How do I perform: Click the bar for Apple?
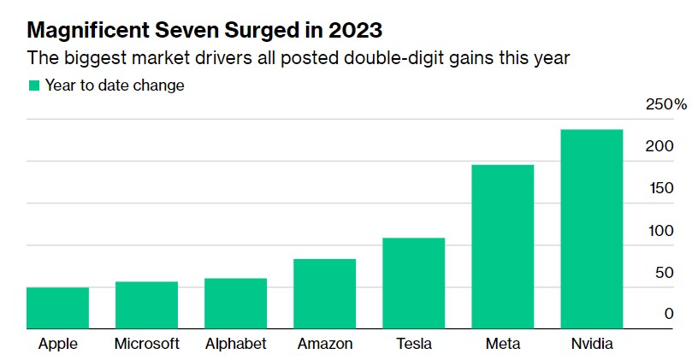(57, 308)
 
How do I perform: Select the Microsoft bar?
(146, 304)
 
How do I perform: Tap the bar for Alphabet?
(235, 303)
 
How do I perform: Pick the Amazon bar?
(324, 293)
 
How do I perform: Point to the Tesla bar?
(413, 283)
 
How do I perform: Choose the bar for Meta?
(502, 246)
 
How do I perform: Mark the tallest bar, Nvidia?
(591, 228)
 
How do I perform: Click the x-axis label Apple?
(58, 344)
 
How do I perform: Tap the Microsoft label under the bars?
(146, 344)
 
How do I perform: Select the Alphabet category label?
(235, 344)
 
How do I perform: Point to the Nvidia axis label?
(591, 344)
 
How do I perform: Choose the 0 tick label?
(669, 315)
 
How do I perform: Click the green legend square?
(34, 86)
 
